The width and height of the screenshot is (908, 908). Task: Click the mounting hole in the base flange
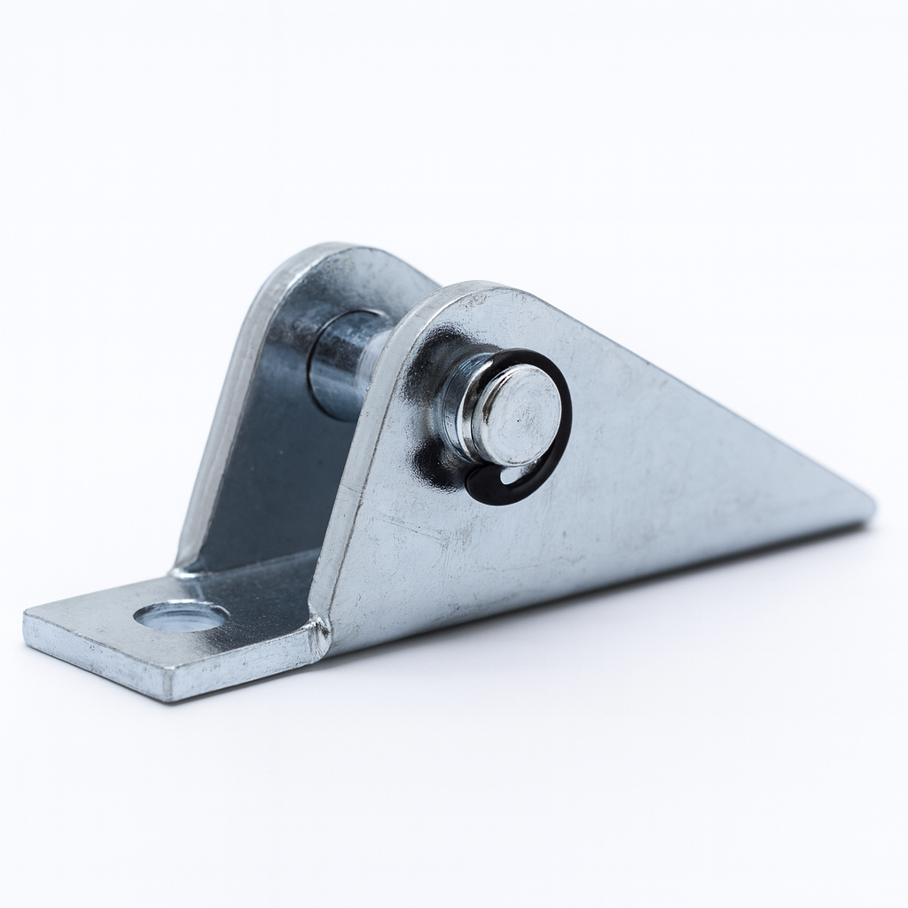click(181, 615)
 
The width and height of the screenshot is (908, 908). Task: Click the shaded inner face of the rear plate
click(266, 479)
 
